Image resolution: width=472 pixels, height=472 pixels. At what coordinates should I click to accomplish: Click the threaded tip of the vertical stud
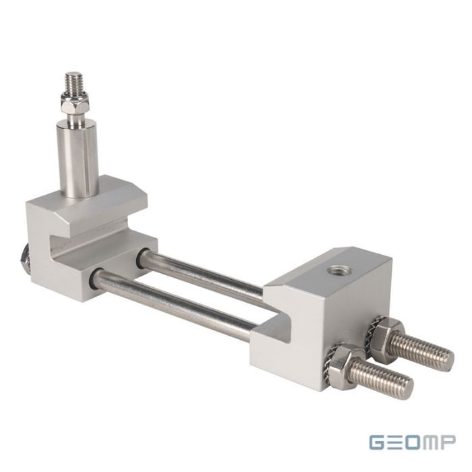(74, 82)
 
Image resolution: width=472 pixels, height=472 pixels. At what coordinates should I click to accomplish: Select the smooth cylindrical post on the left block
(78, 158)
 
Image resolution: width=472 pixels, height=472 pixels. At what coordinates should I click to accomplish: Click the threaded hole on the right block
(335, 270)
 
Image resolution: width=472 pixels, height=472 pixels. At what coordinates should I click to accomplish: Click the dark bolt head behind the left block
(24, 258)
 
